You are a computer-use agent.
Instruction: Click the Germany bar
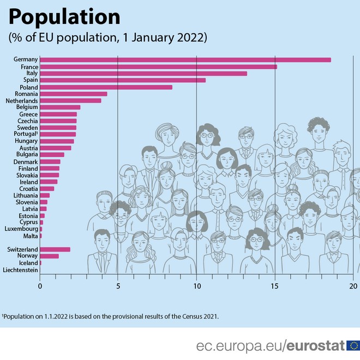pyautogui.click(x=185, y=60)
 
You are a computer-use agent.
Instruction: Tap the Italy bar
pyautogui.click(x=143, y=74)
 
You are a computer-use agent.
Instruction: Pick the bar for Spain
pyautogui.click(x=123, y=80)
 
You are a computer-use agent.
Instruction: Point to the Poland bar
pyautogui.click(x=106, y=87)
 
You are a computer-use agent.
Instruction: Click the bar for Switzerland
pyautogui.click(x=55, y=249)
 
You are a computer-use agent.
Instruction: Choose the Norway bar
pyautogui.click(x=49, y=256)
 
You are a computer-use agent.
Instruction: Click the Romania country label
pyautogui.click(x=26, y=94)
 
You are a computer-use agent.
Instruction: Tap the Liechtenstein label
pyautogui.click(x=20, y=270)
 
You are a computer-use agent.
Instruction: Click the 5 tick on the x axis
pyautogui.click(x=118, y=285)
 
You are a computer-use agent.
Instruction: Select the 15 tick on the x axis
pyautogui.click(x=274, y=285)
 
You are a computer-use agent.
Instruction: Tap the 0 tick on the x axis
pyautogui.click(x=40, y=285)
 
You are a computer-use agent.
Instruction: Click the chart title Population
pyautogui.click(x=64, y=17)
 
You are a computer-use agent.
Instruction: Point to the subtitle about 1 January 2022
pyautogui.click(x=107, y=38)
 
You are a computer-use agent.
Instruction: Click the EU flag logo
pyautogui.click(x=353, y=345)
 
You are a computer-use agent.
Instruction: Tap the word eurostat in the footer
pyautogui.click(x=316, y=345)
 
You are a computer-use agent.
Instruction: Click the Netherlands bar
pyautogui.click(x=70, y=100)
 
